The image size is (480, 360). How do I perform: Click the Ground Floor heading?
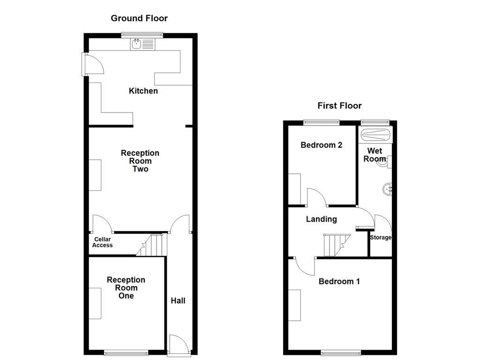(139, 18)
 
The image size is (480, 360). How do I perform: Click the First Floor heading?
(339, 105)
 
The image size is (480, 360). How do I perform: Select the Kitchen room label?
(143, 91)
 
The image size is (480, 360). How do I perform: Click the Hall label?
(178, 300)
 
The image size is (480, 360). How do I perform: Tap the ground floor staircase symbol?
(153, 245)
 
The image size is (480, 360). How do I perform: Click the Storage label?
(381, 238)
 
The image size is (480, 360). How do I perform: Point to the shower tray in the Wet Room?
(375, 136)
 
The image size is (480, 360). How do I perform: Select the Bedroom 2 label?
(322, 145)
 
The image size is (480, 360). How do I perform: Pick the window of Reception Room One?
(124, 353)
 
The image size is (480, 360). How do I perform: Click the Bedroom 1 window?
(341, 353)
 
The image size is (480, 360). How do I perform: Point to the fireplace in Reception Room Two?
(95, 175)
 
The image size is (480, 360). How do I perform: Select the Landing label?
(322, 219)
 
